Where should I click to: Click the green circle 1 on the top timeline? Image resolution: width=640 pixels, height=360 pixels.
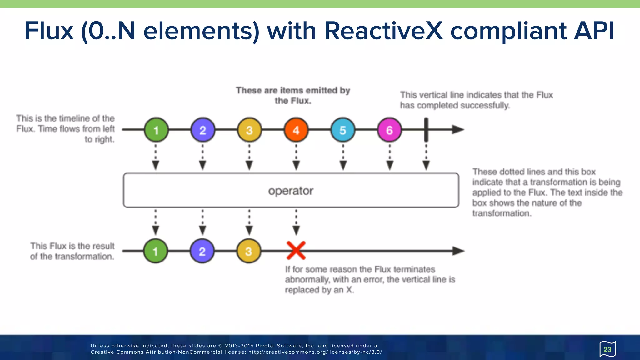pos(156,130)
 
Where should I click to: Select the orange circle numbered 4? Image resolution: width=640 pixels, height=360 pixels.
pos(296,130)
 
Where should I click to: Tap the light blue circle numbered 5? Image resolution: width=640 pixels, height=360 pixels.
pos(343,130)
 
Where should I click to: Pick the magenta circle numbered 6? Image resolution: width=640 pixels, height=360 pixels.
pos(389,130)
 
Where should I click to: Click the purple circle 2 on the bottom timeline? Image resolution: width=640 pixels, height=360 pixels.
pos(202,251)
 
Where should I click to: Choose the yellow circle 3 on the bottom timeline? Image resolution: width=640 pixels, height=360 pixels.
pos(249,251)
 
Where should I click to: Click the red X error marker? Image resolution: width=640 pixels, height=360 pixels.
pos(296,250)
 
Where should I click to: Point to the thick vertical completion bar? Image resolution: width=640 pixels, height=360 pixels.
pos(426,129)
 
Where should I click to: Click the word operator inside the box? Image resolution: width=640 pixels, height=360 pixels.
pos(291,191)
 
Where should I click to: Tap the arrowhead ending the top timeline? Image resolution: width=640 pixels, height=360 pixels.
pos(458,129)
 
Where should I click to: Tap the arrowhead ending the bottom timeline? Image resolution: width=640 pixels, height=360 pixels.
pos(458,251)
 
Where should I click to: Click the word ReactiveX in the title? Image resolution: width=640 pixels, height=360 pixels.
pos(383,31)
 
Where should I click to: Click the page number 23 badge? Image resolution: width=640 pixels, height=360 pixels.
pos(607,349)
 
